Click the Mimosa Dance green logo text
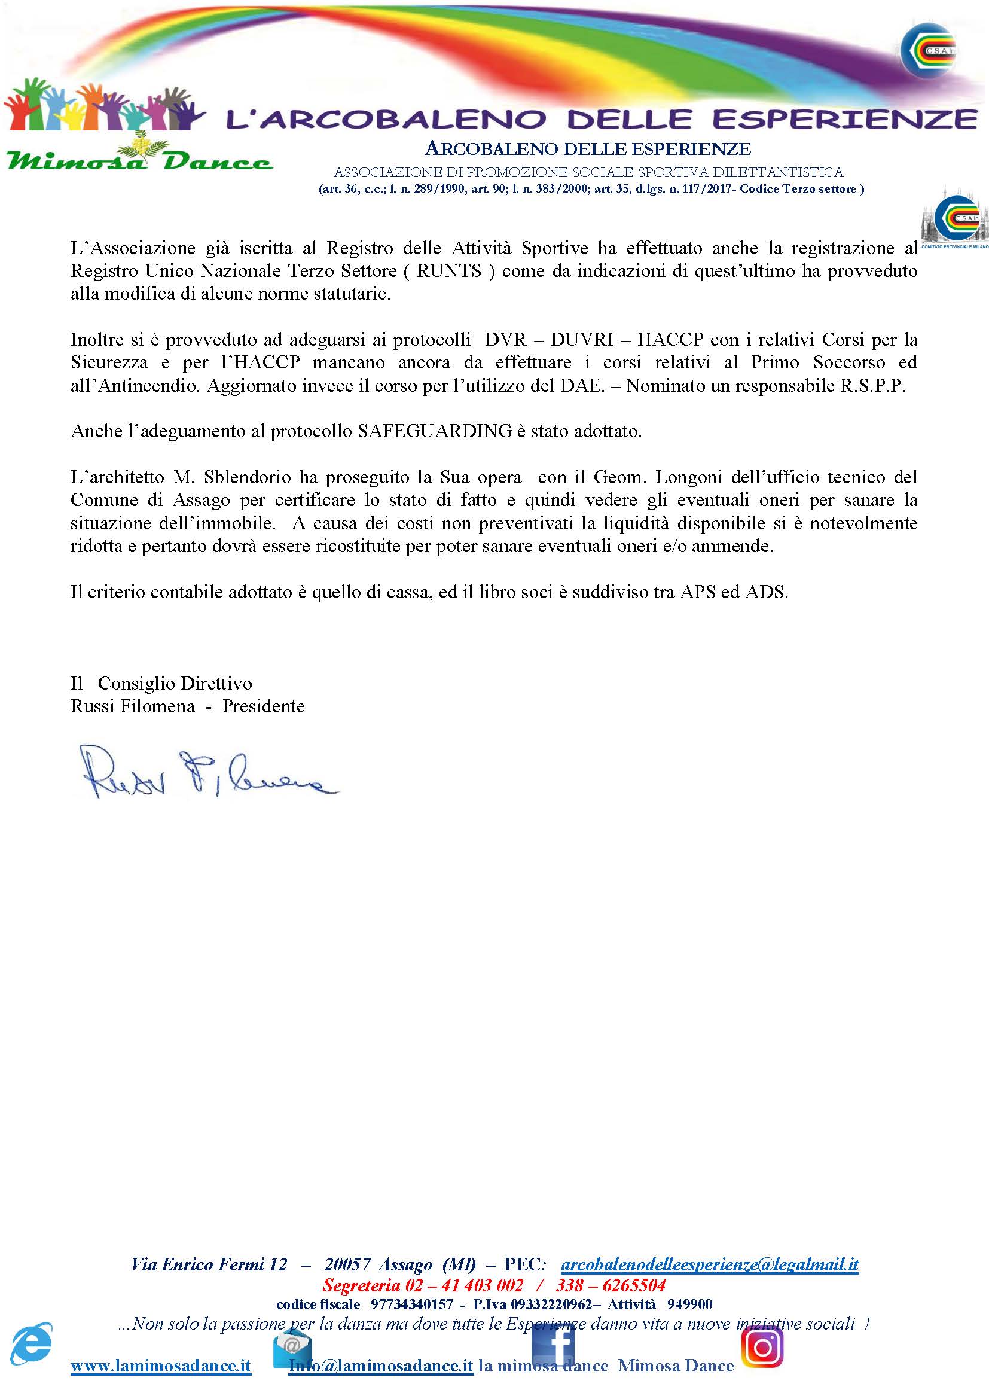point(139,161)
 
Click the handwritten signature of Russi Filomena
point(207,773)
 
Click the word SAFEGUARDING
point(434,431)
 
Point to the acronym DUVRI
point(582,339)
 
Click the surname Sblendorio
point(248,477)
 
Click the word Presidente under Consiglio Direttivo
point(263,706)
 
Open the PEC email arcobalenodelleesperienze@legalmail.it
point(710,1264)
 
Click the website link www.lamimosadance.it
point(161,1366)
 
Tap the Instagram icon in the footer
point(762,1347)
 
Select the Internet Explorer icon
point(32,1343)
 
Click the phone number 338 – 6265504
point(611,1285)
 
